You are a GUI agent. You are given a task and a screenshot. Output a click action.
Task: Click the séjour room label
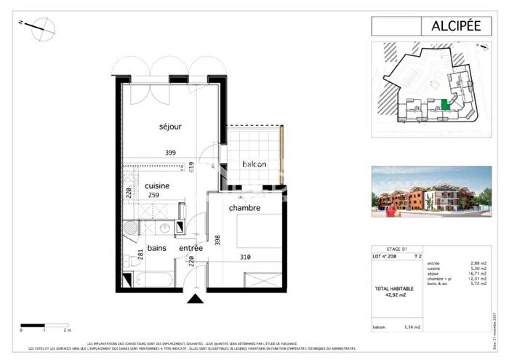170,127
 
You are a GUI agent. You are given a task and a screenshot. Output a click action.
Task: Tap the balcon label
252,164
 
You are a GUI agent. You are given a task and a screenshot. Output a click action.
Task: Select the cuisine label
156,185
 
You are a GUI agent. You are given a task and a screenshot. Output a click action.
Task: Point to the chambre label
244,208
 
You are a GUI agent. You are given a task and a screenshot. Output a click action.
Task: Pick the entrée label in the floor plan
191,248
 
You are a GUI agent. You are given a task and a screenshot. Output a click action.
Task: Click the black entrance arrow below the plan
194,299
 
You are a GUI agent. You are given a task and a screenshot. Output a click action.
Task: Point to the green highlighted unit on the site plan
445,106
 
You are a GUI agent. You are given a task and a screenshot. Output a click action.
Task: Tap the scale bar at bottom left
44,325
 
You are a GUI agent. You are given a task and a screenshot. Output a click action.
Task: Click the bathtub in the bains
150,279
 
